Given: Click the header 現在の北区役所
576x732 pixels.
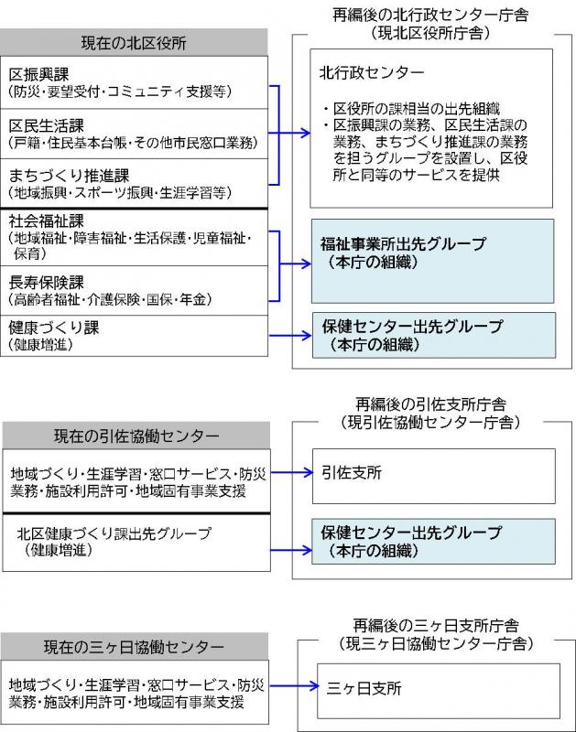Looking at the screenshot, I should tap(134, 42).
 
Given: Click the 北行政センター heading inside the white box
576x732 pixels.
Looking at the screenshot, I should tap(371, 72).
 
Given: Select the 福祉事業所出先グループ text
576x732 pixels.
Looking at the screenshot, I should tap(403, 244).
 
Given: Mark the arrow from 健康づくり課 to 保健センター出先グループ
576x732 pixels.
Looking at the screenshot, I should tap(288, 335).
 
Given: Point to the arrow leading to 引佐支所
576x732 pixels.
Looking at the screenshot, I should tap(288, 473).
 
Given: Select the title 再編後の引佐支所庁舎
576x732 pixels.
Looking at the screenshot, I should tap(429, 404).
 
